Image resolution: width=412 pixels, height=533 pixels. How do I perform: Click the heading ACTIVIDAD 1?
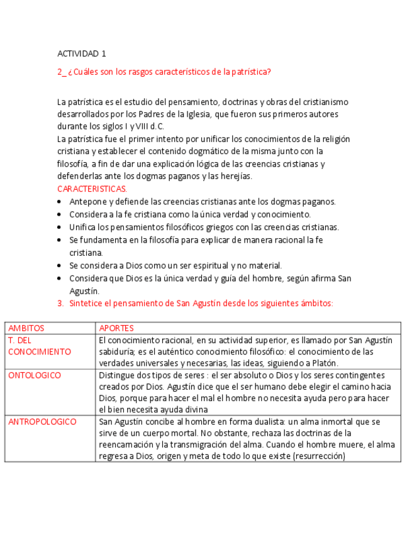pyautogui.click(x=81, y=53)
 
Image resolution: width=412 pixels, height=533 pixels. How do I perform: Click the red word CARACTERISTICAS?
pyautogui.click(x=92, y=189)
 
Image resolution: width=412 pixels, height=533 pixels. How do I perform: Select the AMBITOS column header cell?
pyautogui.click(x=26, y=328)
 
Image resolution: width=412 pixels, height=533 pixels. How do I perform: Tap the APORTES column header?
pyautogui.click(x=116, y=328)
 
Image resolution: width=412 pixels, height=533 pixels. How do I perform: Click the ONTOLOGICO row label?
pyautogui.click(x=35, y=375)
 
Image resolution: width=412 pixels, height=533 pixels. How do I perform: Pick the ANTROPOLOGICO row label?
pyautogui.click(x=42, y=422)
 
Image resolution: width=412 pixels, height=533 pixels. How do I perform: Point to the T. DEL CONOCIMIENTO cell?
pyautogui.click(x=39, y=346)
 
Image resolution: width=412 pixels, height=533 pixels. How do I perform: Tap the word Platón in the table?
pyautogui.click(x=325, y=363)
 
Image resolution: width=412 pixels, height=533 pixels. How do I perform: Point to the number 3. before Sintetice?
pyautogui.click(x=60, y=303)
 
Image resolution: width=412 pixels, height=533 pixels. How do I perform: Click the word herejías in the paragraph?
pyautogui.click(x=237, y=176)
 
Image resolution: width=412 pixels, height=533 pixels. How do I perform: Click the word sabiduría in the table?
pyautogui.click(x=118, y=352)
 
